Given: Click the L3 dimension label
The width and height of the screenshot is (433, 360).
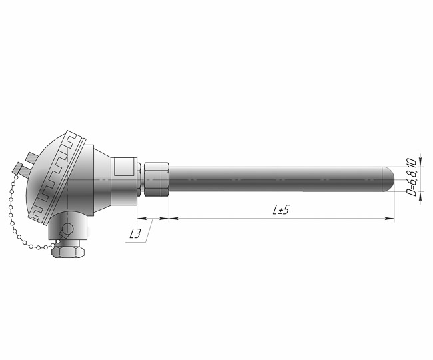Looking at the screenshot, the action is click(135, 235).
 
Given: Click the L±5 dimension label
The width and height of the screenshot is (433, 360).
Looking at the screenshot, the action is click(281, 210).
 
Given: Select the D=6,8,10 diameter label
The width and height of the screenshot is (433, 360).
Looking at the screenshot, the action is click(412, 177).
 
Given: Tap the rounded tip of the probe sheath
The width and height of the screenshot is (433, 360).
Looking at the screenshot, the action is click(390, 179).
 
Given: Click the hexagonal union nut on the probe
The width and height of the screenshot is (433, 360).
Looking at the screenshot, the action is click(157, 179).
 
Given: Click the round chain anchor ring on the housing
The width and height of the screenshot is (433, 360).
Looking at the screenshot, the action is click(67, 229).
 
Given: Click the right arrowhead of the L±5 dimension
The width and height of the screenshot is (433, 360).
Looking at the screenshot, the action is click(390, 219).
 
